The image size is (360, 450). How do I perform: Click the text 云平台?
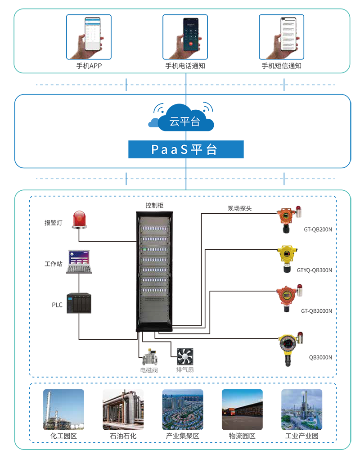pyautogui.click(x=184, y=121)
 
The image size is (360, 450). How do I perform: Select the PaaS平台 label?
pyautogui.click(x=184, y=149)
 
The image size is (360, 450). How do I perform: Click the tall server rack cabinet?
pyautogui.click(x=155, y=270)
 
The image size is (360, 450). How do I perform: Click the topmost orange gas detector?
pyautogui.click(x=286, y=218)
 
